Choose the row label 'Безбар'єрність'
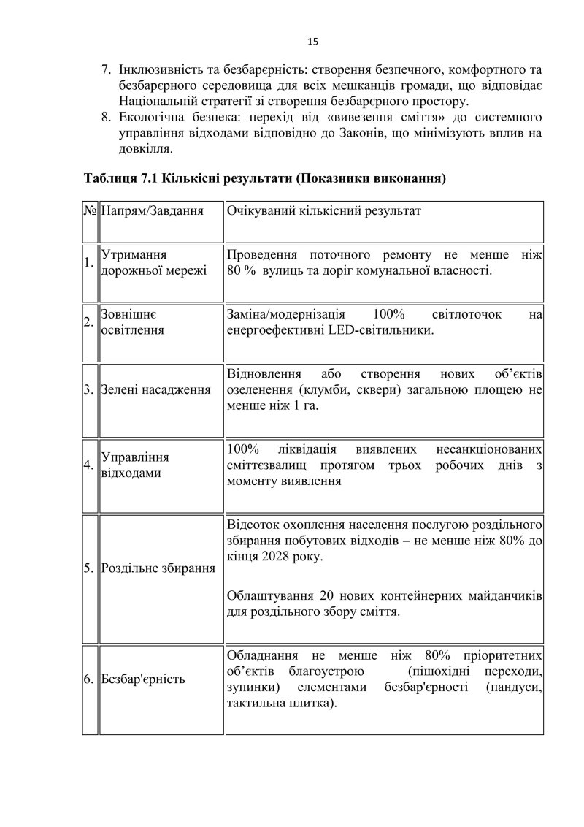(143, 679)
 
